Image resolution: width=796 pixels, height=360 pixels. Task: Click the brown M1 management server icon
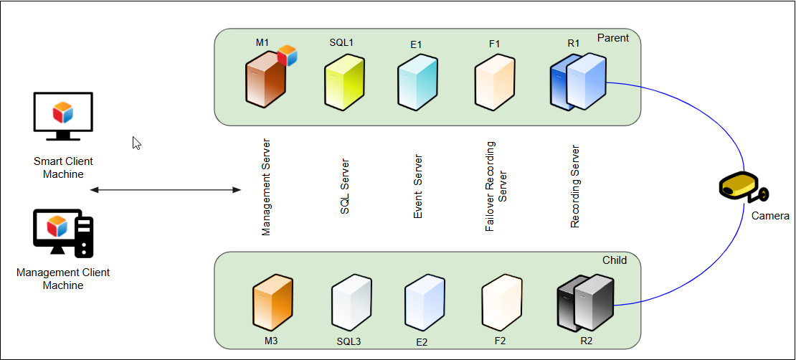point(265,81)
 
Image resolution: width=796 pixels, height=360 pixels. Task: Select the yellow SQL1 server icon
point(344,82)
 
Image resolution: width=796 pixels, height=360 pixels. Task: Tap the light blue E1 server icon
point(417,82)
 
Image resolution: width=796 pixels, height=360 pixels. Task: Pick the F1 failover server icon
point(494,82)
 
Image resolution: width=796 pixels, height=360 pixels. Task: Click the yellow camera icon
point(744,187)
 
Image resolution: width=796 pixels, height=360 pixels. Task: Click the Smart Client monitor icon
point(63,116)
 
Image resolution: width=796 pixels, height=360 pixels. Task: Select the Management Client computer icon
point(63,232)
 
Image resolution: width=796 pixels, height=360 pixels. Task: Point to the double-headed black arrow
point(166,190)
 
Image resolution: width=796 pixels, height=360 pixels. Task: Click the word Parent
point(612,38)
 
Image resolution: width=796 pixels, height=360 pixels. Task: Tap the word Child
point(615,260)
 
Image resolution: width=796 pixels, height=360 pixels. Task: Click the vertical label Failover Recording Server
point(496,186)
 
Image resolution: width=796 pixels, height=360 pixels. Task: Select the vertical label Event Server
point(417,187)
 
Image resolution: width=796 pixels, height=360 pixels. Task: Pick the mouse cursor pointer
point(136,143)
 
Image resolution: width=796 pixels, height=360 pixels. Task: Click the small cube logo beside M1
point(287,55)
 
